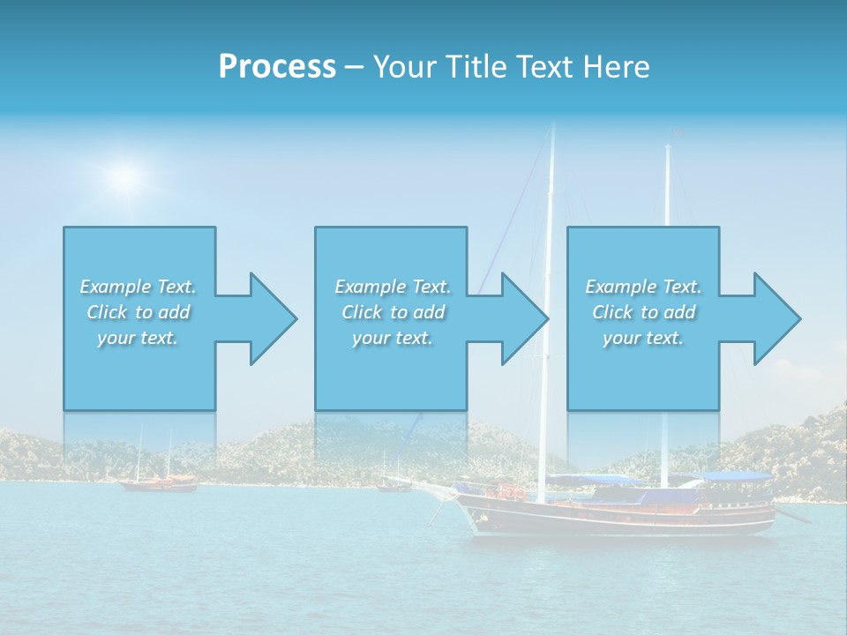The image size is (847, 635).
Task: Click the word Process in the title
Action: pos(277,67)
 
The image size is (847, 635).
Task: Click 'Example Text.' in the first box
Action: pos(138,287)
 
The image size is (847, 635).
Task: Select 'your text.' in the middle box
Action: pos(392,338)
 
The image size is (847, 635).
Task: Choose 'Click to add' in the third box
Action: pos(643,312)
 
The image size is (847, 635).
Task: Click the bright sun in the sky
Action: pos(126,176)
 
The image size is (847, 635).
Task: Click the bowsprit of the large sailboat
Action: pos(432,483)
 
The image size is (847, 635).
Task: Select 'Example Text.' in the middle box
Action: pos(392,287)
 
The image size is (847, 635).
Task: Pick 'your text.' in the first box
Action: pos(138,338)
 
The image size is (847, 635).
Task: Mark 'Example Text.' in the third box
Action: pos(643,287)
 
